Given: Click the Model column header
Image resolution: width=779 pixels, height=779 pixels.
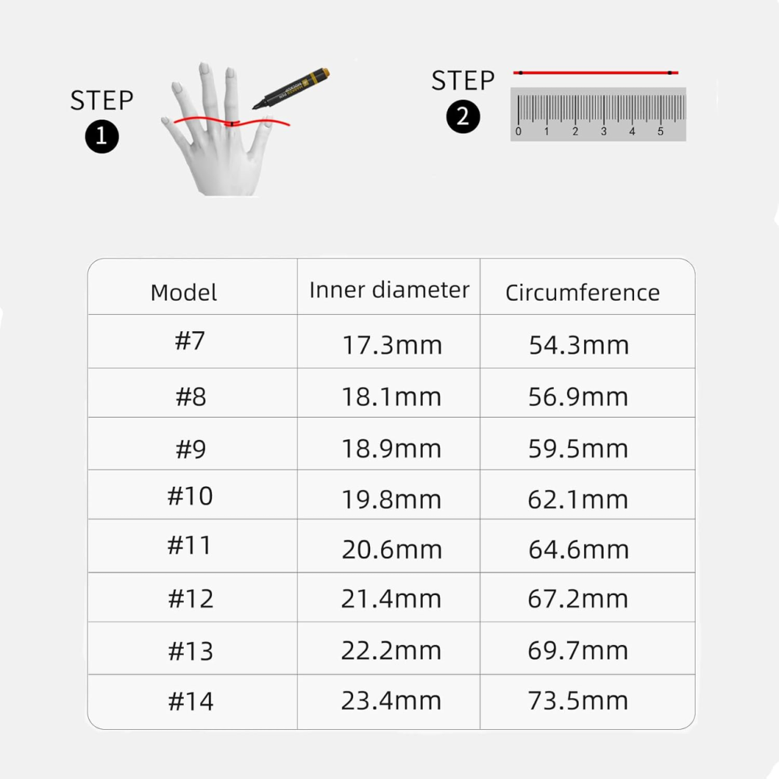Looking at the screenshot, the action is coord(183,292).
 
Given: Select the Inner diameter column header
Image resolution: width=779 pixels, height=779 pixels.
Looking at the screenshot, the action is coord(389,290).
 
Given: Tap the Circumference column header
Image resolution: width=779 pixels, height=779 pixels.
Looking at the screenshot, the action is coord(582,292).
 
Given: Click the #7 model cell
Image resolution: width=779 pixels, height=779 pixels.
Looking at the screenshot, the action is coord(190,341).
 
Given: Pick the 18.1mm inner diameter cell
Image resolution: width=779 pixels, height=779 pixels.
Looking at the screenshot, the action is coord(391,397).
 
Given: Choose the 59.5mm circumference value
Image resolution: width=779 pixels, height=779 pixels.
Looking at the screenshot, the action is coord(578,449).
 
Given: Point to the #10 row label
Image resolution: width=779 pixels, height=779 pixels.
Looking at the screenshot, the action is coord(190,495).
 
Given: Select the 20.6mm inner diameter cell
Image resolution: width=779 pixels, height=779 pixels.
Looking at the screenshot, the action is coord(392,549).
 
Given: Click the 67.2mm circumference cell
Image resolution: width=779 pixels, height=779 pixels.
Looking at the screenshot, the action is coord(578,598).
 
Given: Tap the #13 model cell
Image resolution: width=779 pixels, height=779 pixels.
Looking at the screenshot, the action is coord(190,650).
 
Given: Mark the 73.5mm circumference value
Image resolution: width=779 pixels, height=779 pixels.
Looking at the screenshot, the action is coord(578,700).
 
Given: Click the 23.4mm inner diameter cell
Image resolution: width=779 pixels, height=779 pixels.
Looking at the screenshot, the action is coord(391,700).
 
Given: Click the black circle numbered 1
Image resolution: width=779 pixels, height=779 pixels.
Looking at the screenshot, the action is coord(102,136).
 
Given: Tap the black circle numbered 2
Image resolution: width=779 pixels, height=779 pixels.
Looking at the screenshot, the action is coord(463,117).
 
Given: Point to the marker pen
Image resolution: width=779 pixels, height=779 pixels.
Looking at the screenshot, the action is coord(291,88).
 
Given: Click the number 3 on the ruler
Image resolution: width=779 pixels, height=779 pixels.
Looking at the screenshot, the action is coord(604,132).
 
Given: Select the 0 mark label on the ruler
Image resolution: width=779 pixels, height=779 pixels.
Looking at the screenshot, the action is coord(518,132).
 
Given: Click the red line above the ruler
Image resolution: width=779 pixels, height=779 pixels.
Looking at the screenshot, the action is coord(596,72).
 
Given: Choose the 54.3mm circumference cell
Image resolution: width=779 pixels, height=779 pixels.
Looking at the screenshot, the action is coord(579,345).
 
